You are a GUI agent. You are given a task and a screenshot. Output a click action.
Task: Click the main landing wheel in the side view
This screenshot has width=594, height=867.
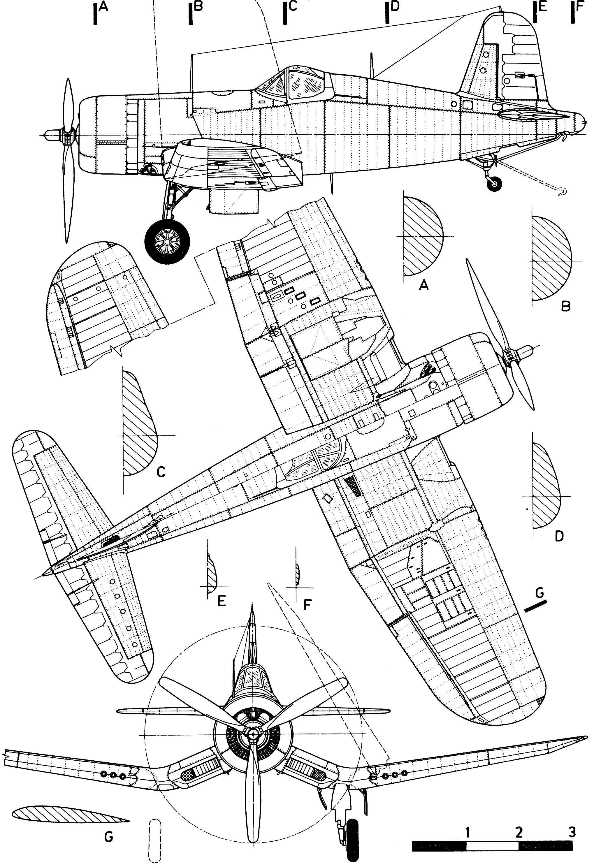[x=168, y=241]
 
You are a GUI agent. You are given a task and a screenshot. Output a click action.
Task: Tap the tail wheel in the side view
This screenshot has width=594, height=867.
[x=495, y=183]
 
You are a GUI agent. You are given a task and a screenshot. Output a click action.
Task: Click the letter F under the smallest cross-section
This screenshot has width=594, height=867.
[x=307, y=604]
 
